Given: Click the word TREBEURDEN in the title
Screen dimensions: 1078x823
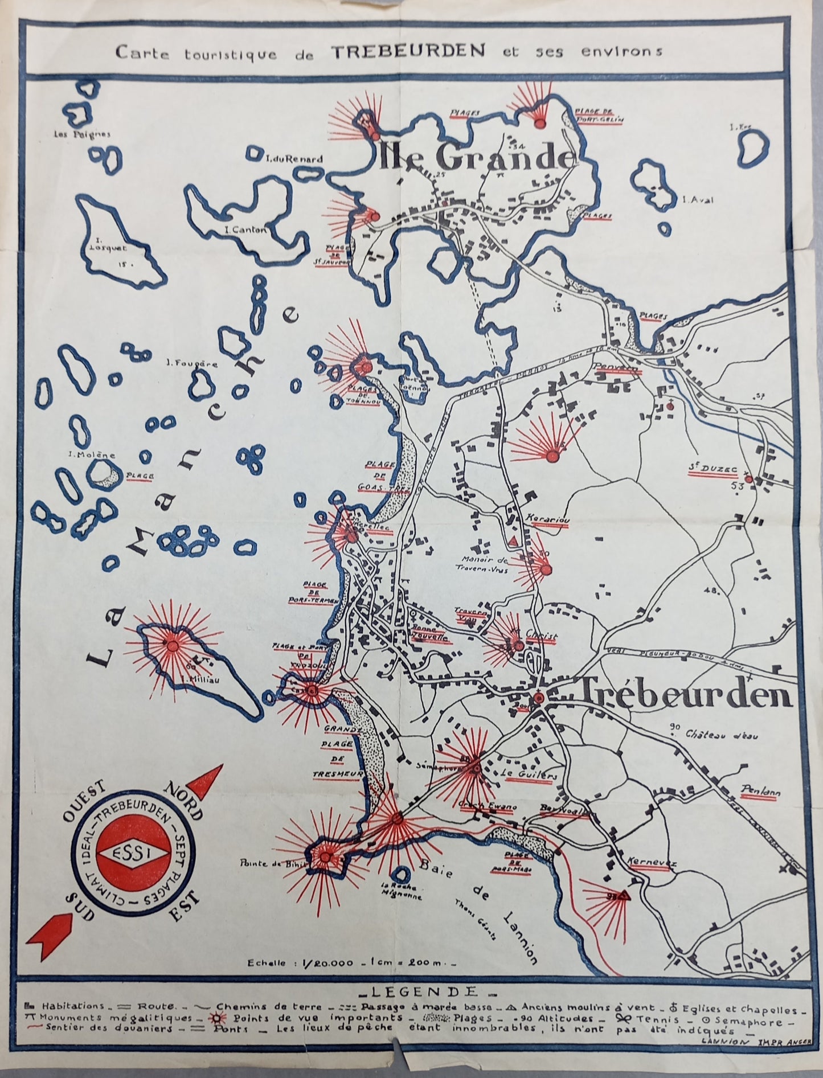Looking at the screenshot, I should tap(408, 51).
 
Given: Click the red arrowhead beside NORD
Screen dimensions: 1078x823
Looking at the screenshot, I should tap(206, 782).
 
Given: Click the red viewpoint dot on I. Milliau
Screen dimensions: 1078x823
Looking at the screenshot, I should tap(171, 644).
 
